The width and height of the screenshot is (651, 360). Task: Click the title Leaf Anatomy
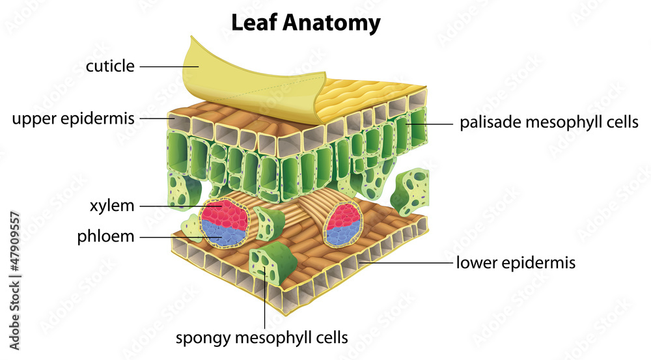tap(306, 23)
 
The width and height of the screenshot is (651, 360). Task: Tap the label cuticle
tap(110, 66)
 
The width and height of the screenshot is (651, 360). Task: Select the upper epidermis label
tap(73, 119)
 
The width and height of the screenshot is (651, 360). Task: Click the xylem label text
tap(113, 206)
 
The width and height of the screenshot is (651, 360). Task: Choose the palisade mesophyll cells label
tap(549, 122)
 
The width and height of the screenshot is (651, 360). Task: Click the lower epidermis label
tap(516, 263)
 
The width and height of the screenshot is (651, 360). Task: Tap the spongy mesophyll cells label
tap(262, 338)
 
